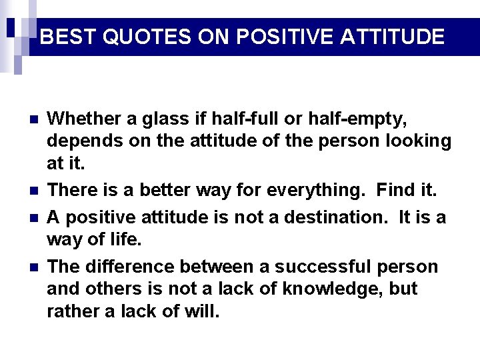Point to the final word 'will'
tap(201, 311)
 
